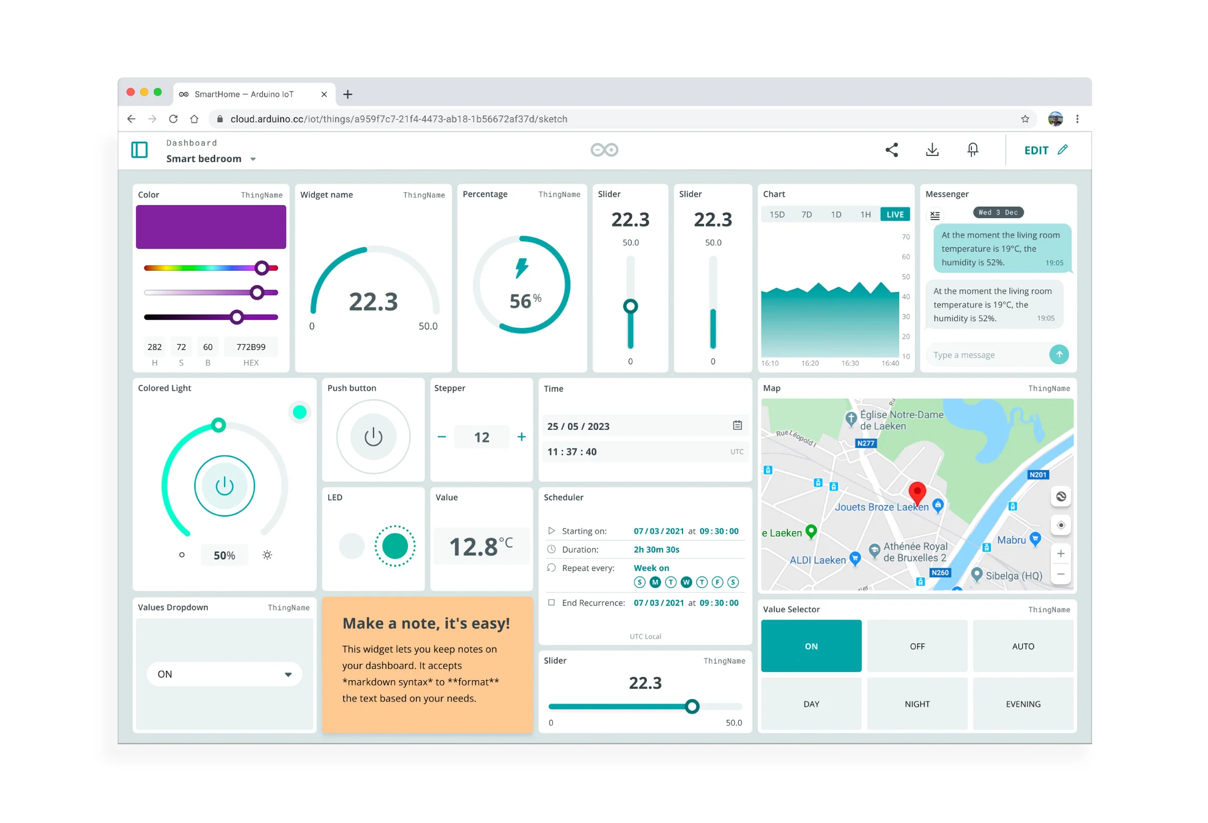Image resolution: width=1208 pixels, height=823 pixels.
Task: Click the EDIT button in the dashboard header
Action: pos(1046,150)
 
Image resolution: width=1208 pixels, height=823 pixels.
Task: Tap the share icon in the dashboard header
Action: pos(891,150)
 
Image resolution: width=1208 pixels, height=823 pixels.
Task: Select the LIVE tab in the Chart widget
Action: pos(895,214)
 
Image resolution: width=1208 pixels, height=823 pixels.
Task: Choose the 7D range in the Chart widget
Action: pos(806,214)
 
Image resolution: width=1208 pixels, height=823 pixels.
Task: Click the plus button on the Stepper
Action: pos(521,437)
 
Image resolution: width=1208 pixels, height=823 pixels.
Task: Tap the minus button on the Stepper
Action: pos(442,437)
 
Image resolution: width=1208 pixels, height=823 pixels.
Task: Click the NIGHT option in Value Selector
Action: pos(917,704)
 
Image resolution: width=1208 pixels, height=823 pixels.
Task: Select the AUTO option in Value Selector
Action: pos(1023,646)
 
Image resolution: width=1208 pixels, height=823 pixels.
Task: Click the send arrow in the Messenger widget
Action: pos(1059,355)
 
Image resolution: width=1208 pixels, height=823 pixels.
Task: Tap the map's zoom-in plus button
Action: pos(1060,554)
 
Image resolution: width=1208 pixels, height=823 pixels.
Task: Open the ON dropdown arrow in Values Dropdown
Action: pos(288,674)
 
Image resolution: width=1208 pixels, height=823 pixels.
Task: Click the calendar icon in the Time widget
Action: pos(737,425)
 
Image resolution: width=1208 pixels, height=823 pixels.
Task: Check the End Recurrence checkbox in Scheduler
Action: pos(551,602)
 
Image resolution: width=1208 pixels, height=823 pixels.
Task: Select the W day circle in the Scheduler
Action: pos(686,582)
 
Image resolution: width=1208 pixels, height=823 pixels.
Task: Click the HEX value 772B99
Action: pos(251,347)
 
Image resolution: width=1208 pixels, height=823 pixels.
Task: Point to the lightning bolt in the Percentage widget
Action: pos(521,268)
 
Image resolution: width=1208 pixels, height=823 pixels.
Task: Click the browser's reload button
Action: pos(173,119)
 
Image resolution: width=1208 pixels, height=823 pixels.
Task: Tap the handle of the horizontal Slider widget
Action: pos(692,707)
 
